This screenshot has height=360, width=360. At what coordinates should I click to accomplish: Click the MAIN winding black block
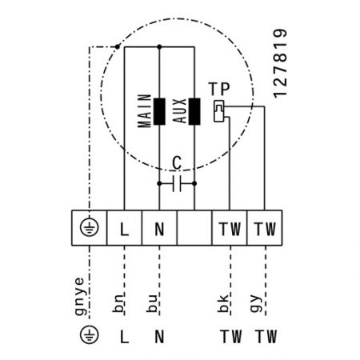(x=159, y=111)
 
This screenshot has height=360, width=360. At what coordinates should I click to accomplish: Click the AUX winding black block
(x=194, y=111)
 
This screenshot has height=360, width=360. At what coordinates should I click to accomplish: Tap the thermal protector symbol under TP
(x=219, y=111)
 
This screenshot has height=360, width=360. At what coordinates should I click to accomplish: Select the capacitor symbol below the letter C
(x=177, y=183)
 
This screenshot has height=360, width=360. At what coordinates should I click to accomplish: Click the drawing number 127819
(x=280, y=63)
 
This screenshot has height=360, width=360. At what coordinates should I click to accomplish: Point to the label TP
(x=219, y=89)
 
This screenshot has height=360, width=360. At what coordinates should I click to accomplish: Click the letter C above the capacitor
(x=177, y=162)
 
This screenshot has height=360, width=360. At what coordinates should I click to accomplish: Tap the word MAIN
(x=145, y=110)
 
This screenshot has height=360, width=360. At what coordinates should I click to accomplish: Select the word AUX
(x=179, y=111)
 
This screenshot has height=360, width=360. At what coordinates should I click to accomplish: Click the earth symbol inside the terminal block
(x=90, y=227)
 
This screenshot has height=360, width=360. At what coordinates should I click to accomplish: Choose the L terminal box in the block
(x=124, y=228)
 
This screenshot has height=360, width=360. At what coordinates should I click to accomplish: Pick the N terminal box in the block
(x=159, y=228)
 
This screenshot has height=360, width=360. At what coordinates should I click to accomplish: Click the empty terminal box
(x=194, y=228)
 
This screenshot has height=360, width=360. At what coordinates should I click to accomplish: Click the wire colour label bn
(x=118, y=303)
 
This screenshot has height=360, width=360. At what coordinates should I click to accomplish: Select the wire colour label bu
(x=152, y=303)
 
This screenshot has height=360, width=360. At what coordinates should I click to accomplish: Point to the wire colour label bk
(x=223, y=303)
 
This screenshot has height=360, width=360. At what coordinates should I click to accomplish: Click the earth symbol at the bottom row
(x=90, y=335)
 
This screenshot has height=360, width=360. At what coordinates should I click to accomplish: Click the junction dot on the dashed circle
(x=117, y=46)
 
